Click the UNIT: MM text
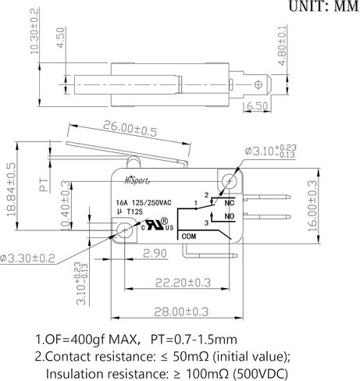click(x=324, y=6)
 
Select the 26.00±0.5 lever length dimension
click(x=130, y=129)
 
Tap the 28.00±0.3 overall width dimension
click(x=181, y=312)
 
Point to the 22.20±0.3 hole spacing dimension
click(x=183, y=283)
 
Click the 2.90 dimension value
click(x=155, y=253)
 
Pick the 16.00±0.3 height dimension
click(x=312, y=205)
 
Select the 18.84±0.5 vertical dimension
click(x=12, y=190)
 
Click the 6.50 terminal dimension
click(x=257, y=106)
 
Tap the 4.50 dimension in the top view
click(x=60, y=37)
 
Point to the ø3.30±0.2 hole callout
click(x=27, y=258)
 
